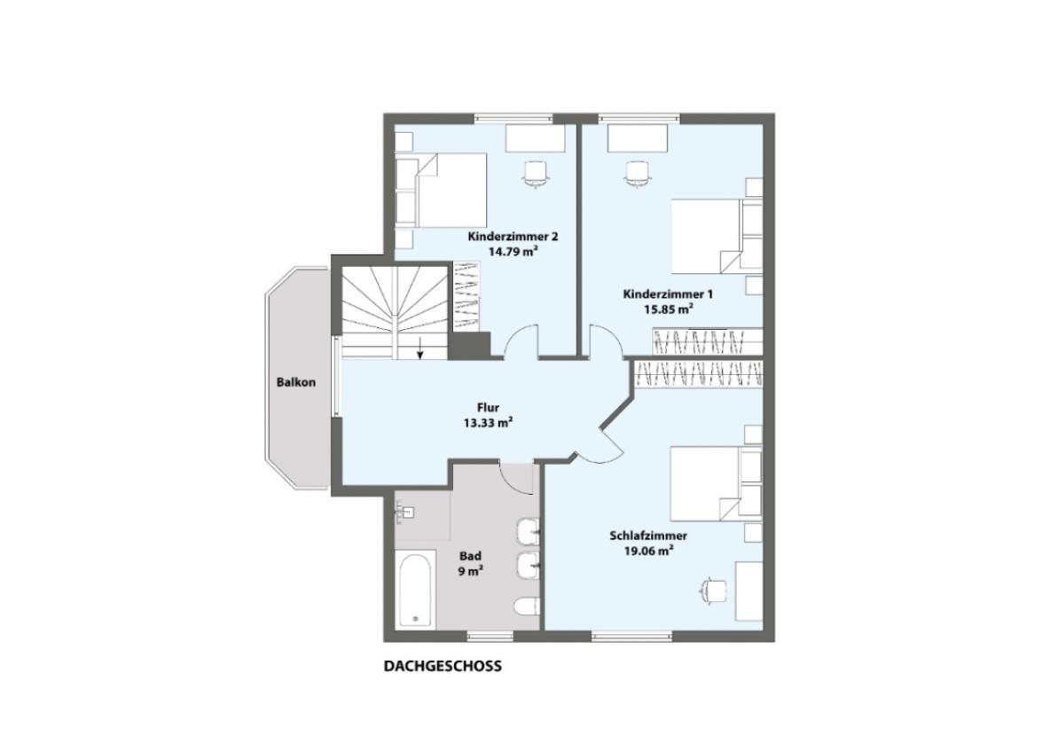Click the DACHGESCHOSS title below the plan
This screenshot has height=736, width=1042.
tap(443, 666)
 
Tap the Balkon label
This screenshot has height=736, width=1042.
tap(296, 382)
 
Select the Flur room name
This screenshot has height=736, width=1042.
tap(488, 408)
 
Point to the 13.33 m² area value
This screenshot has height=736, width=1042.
tap(488, 423)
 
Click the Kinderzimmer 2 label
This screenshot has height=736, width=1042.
tap(513, 237)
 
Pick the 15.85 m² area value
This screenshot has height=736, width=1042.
tap(670, 309)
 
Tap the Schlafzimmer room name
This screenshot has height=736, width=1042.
tap(648, 536)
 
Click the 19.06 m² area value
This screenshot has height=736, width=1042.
tap(648, 551)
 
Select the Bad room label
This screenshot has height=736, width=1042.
tap(471, 556)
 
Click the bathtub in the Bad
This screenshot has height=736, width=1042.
tap(416, 589)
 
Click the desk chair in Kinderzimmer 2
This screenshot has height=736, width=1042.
tap(537, 174)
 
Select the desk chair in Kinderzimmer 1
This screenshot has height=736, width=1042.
tap(638, 174)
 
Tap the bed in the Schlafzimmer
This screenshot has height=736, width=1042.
tap(717, 483)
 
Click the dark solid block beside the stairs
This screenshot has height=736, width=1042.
tap(470, 345)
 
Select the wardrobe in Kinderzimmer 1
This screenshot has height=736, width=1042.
tap(707, 341)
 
